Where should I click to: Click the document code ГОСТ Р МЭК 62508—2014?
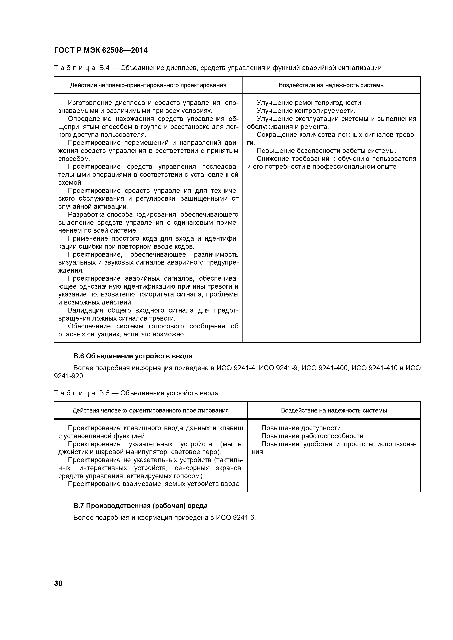click(x=101, y=50)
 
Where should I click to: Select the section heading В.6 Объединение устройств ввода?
click(x=133, y=356)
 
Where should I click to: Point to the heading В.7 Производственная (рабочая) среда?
click(x=140, y=505)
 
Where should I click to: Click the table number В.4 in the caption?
click(x=105, y=68)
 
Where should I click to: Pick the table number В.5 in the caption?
click(x=105, y=393)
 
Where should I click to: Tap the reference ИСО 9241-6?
click(x=235, y=518)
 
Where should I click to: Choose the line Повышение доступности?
click(x=302, y=428)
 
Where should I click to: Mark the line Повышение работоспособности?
click(x=313, y=436)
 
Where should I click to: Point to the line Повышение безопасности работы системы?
click(x=326, y=151)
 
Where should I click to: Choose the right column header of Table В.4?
click(x=331, y=85)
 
